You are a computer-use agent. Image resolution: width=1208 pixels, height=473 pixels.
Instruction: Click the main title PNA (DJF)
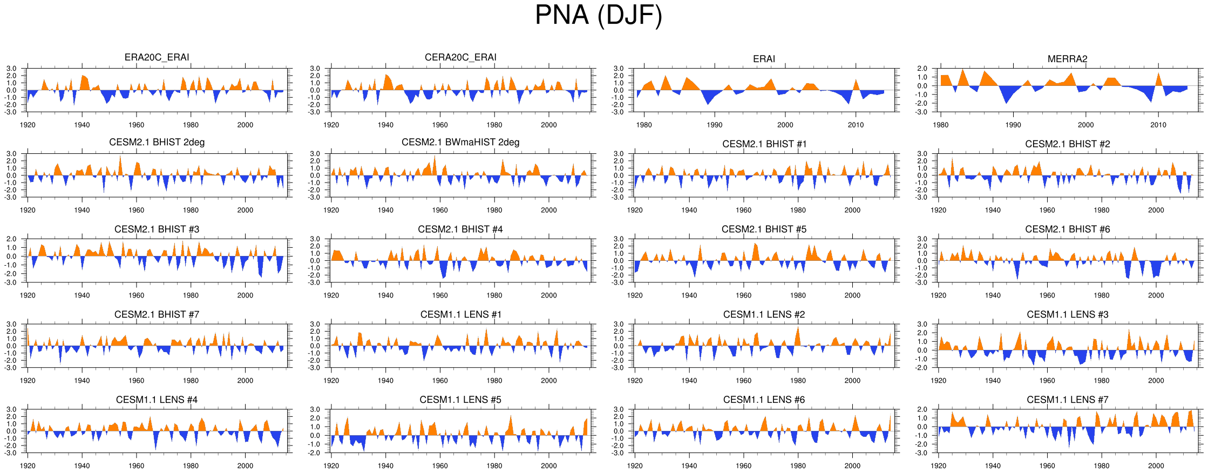(598, 15)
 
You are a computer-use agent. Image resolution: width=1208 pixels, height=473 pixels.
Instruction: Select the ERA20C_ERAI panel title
(157, 57)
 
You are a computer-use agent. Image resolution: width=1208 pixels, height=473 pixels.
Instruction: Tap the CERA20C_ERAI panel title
(460, 57)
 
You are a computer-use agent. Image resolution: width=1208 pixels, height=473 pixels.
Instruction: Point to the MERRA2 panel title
(1067, 59)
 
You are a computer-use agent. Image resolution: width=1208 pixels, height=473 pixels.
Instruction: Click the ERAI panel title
(764, 59)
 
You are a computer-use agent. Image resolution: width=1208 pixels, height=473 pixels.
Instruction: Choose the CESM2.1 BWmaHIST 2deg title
(460, 143)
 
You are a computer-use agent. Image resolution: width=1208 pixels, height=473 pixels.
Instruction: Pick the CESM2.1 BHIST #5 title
(764, 229)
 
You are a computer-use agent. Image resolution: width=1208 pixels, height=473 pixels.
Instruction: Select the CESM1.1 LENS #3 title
(1067, 315)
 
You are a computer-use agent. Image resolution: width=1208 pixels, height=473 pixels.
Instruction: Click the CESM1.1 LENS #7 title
(1067, 400)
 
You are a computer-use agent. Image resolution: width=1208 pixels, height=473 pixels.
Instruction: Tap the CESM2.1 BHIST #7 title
(157, 315)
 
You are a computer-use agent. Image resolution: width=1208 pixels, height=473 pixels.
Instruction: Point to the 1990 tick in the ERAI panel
(715, 125)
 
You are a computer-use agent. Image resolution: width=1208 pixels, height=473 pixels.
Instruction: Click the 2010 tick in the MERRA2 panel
(1158, 125)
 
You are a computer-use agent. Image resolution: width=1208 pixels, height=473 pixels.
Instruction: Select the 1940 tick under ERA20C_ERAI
(82, 125)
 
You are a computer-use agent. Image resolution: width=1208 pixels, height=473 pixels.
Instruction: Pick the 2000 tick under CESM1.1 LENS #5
(549, 466)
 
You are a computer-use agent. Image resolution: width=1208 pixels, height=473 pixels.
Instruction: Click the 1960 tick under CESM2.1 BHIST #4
(440, 295)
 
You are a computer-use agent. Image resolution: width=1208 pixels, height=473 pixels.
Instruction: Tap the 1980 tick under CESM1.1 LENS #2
(798, 381)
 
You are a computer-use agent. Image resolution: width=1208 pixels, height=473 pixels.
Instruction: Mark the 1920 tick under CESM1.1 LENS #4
(28, 466)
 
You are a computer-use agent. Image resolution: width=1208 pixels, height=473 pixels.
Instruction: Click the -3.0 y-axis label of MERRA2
(922, 112)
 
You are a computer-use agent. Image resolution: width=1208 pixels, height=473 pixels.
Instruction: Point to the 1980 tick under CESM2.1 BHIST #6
(1102, 295)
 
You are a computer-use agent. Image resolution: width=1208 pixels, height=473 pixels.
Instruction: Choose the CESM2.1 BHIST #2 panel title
(1067, 144)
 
